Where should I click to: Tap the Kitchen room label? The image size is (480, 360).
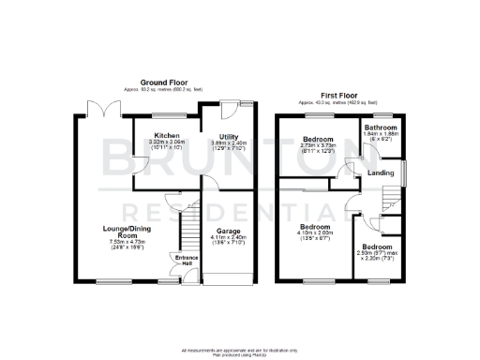(167, 136)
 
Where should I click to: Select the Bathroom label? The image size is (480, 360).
(382, 127)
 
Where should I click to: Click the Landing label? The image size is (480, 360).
(380, 172)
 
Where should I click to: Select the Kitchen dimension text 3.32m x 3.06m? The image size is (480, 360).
(167, 142)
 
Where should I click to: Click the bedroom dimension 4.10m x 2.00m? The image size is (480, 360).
(315, 233)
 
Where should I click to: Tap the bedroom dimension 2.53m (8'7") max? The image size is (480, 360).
(377, 252)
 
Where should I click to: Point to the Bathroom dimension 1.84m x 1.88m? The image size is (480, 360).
(382, 133)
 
